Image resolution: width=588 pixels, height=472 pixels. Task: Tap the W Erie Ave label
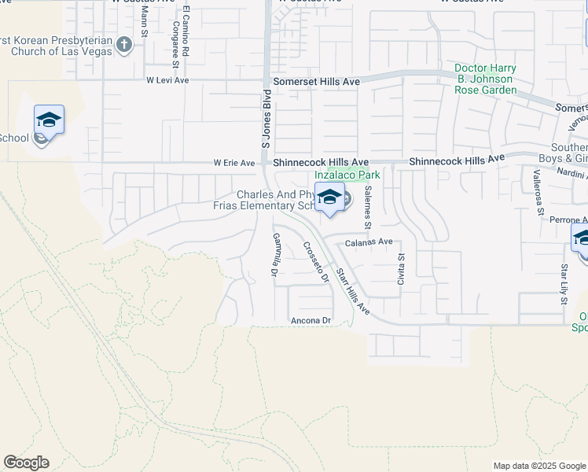(235, 164)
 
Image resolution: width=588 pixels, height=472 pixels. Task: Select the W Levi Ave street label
(167, 80)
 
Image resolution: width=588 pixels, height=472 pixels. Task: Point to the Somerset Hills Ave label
(316, 82)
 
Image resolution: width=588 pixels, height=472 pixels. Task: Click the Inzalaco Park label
(342, 174)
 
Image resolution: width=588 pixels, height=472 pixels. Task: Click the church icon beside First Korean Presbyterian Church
(123, 44)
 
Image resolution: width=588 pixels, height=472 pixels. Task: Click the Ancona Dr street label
(311, 320)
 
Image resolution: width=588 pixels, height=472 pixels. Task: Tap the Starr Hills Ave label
(353, 291)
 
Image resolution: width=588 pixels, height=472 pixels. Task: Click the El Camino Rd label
(186, 29)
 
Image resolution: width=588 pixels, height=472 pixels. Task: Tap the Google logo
(26, 463)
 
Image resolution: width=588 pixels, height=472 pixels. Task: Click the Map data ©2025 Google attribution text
(539, 466)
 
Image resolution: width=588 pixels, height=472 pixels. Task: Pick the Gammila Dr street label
(275, 255)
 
